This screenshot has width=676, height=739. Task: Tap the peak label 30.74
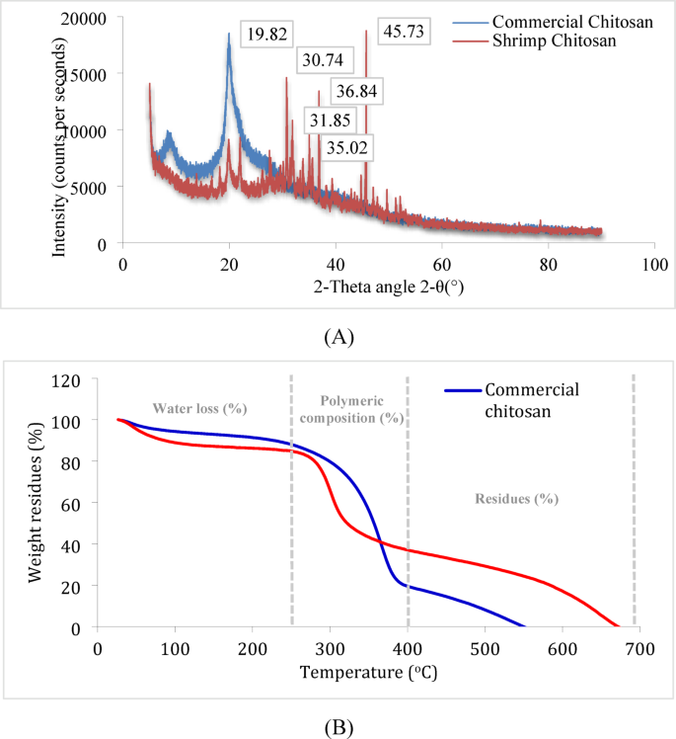pyautogui.click(x=322, y=60)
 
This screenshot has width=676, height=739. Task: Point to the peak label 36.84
pyautogui.click(x=360, y=92)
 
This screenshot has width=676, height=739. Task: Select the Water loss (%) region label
pyautogui.click(x=198, y=408)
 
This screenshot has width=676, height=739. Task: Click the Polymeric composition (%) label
pyautogui.click(x=349, y=409)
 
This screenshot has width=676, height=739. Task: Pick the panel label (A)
pyautogui.click(x=338, y=337)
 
